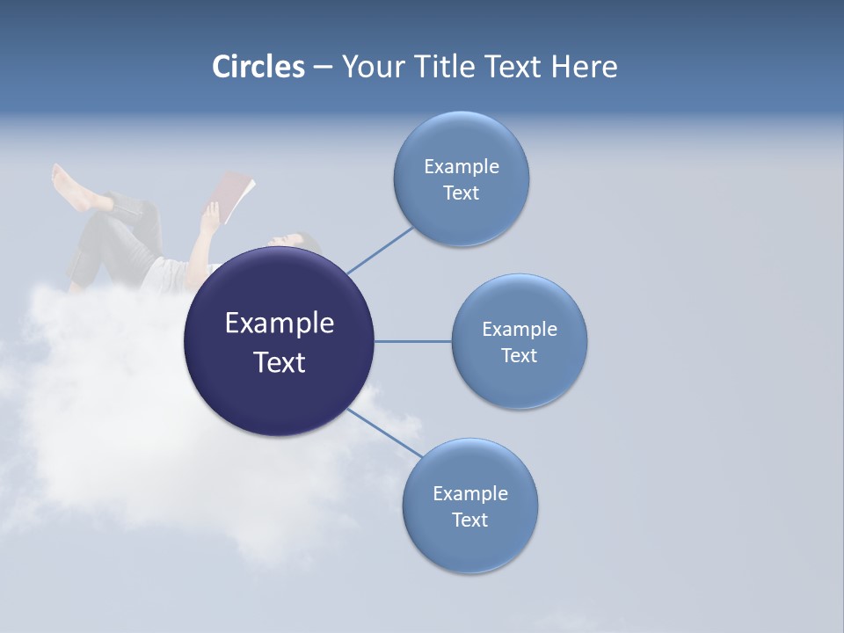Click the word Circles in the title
(x=258, y=67)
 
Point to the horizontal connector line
(x=412, y=341)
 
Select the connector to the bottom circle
(x=385, y=432)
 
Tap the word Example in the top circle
(x=461, y=166)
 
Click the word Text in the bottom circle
(x=469, y=520)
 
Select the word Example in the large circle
(x=279, y=323)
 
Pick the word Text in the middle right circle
(x=519, y=355)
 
